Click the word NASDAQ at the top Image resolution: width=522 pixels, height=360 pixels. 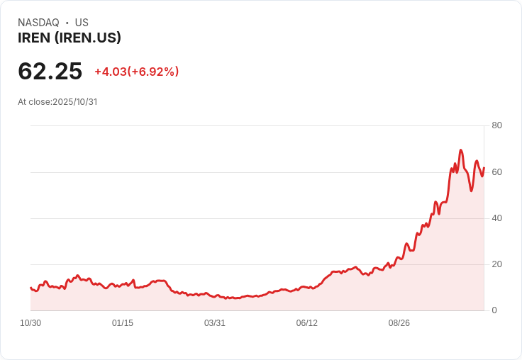tap(38, 23)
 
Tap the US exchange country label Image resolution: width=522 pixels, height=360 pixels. tap(82, 23)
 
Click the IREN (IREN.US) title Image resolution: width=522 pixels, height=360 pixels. tap(70, 38)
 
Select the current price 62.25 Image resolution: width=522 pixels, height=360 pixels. tap(50, 71)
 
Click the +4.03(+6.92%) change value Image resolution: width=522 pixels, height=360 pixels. tap(137, 72)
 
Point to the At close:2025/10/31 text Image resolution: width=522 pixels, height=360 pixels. tap(57, 102)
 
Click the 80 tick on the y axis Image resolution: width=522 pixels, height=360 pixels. tap(496, 125)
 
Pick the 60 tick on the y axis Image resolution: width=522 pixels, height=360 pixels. tap(496, 172)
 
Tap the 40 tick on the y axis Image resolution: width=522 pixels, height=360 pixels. tap(496, 218)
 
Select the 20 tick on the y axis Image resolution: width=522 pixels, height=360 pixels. tap(496, 264)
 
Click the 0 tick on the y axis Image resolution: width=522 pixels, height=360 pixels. tap(494, 310)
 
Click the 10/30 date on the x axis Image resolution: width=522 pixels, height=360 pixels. tap(30, 323)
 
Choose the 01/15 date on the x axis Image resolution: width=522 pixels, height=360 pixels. tap(123, 323)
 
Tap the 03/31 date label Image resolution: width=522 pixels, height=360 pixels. tap(215, 323)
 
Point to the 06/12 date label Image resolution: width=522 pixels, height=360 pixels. tap(307, 323)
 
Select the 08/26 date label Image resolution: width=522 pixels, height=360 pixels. tap(399, 323)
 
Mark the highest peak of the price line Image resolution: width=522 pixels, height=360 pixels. tap(461, 150)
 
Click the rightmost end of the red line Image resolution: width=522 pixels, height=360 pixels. tap(484, 168)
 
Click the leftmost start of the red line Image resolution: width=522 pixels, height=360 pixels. tap(30, 288)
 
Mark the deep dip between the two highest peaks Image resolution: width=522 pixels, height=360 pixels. tap(471, 191)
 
